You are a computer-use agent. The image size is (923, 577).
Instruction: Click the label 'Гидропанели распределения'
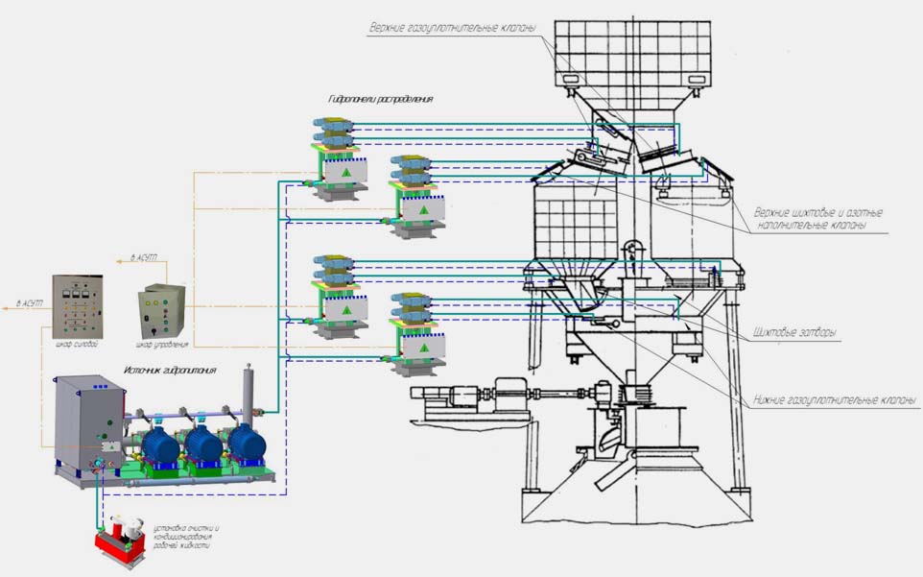tap(380, 99)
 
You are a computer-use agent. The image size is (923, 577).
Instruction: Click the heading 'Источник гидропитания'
tap(170, 369)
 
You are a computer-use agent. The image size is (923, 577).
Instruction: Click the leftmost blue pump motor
tap(162, 445)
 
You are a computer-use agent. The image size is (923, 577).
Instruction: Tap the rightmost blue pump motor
tap(246, 444)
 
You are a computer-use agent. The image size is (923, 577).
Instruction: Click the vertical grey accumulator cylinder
tap(249, 392)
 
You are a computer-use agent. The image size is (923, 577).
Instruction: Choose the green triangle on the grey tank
tap(112, 446)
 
